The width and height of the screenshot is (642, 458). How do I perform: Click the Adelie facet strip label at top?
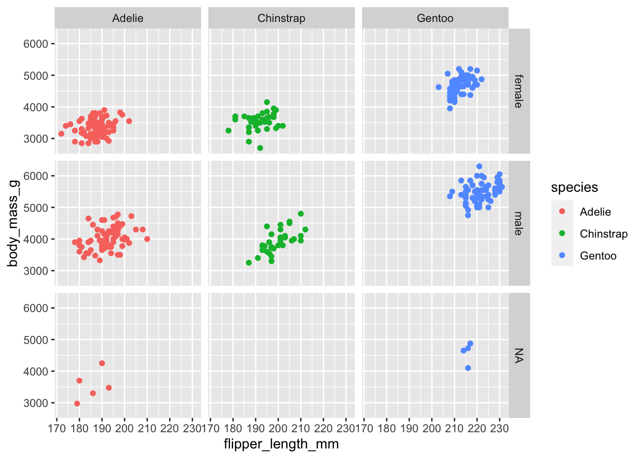point(128,19)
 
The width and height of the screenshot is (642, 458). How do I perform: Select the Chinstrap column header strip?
point(281,19)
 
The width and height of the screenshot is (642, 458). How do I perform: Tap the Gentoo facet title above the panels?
point(435,19)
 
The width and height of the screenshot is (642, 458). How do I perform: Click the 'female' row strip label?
point(519,91)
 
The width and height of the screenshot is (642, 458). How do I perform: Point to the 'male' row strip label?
point(519,223)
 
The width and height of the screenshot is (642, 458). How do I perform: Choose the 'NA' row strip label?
point(519,355)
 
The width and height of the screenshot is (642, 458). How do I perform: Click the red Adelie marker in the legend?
point(562,211)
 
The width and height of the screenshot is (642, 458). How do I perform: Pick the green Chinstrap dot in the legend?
point(562,233)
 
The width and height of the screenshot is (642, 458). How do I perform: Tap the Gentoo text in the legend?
point(598,256)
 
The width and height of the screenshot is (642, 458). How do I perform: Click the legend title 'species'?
point(574,187)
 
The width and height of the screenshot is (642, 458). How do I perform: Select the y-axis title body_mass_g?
point(13,223)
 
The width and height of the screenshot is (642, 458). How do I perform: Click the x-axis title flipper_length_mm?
point(281,444)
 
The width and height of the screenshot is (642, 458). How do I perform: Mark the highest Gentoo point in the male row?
point(479,167)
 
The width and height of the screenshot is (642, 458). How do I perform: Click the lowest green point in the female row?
point(260,148)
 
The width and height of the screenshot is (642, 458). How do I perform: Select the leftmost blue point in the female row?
point(439,87)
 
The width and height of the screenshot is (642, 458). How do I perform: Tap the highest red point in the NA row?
point(102,363)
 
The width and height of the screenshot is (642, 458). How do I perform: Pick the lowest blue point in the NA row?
point(468,368)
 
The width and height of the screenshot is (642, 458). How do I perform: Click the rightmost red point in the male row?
point(147,239)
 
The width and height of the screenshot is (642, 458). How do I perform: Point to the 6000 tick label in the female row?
point(36,44)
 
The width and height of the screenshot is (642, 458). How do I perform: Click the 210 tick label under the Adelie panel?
point(147,428)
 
